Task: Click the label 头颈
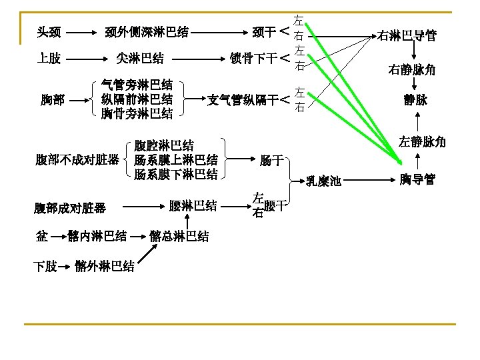point(49,31)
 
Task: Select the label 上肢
point(49,59)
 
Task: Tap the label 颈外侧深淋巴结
point(147,31)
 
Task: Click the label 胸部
point(53,100)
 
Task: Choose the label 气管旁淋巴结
point(137,85)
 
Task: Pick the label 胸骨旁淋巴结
point(137,114)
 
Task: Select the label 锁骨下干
point(253,59)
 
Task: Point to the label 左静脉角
point(422,142)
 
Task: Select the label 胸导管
point(417,179)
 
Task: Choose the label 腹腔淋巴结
point(164,145)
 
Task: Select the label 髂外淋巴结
point(105,267)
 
